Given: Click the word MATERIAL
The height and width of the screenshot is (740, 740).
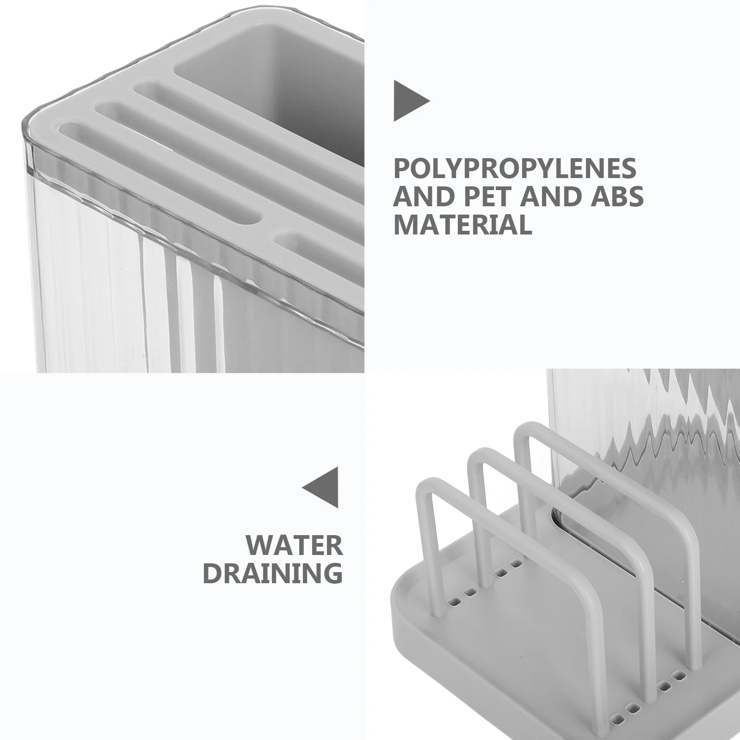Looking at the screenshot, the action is (462, 224).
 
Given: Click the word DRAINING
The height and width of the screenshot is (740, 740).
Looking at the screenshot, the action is (273, 573).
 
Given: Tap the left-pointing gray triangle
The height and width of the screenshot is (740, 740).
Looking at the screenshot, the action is (320, 487).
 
